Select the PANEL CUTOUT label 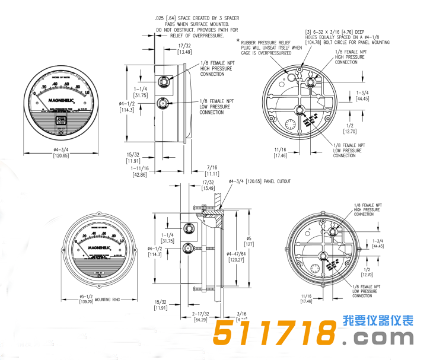pos(277,181)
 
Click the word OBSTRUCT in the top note pos(183,30)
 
